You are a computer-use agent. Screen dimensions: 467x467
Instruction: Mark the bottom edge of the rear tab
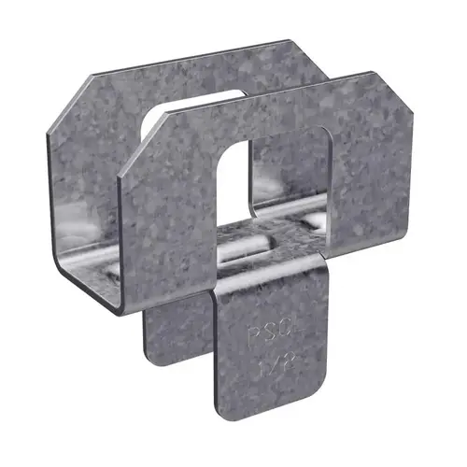(x=177, y=362)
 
